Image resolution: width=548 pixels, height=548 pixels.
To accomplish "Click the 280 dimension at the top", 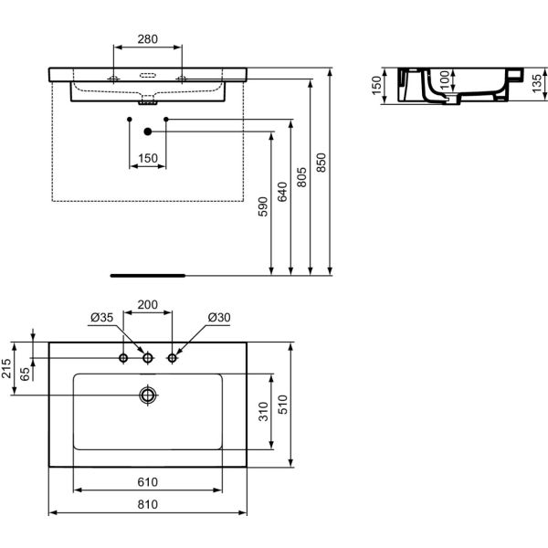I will tap(148, 39).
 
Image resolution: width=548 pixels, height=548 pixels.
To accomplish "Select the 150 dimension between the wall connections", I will tap(148, 158).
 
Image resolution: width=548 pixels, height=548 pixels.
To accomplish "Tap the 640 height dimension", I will tap(282, 193).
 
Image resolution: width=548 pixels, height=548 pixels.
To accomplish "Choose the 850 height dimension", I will tap(321, 163).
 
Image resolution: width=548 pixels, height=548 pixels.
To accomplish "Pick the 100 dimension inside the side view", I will tap(445, 82).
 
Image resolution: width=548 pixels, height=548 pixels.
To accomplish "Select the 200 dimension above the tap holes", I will tap(148, 304).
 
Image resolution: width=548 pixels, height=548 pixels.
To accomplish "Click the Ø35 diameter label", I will tap(102, 318).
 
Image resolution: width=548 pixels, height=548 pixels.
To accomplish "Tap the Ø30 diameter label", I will tap(219, 318).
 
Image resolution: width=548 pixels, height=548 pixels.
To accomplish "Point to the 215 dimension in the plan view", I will tap(7, 369).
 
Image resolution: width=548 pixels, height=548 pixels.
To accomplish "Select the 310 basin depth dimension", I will tap(264, 413).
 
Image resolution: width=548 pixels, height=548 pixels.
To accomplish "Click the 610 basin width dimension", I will tap(148, 482).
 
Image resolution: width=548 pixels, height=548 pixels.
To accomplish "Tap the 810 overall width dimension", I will tap(148, 504).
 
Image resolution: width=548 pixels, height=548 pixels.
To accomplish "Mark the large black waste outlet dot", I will tap(148, 132).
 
